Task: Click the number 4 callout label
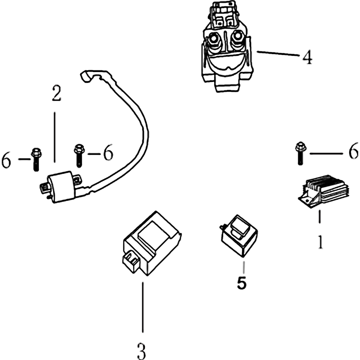[307, 57]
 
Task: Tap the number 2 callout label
[56, 94]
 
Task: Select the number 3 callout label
[141, 349]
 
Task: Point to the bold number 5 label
[242, 283]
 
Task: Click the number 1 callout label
[320, 242]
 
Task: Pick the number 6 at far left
[6, 160]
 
